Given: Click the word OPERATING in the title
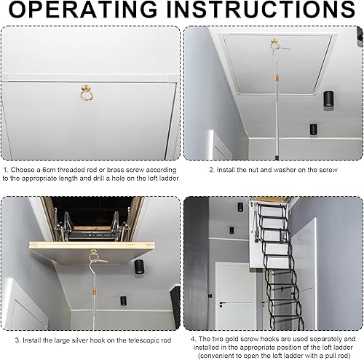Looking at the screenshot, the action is [83, 9].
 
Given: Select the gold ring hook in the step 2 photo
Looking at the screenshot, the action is [274, 44].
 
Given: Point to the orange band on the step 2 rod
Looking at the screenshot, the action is [277, 79].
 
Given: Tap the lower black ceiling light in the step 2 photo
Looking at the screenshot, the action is [313, 130].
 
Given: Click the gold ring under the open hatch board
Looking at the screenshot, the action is [93, 255].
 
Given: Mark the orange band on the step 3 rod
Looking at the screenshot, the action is [95, 291].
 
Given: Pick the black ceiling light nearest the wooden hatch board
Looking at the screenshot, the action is [139, 267].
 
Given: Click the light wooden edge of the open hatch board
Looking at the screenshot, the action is [92, 246].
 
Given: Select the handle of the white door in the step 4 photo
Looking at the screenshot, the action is [222, 303].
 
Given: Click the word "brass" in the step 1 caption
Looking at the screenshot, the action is [116, 170].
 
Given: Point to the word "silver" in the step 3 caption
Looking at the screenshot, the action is [79, 340].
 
